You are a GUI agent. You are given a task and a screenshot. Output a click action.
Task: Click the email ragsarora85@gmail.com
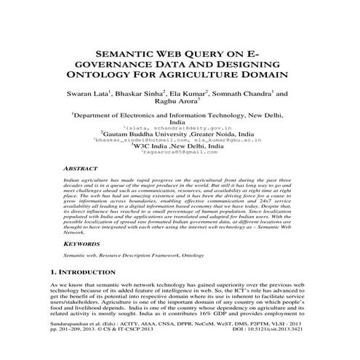[180, 152]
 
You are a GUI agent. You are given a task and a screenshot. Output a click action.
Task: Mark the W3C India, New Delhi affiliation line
[180, 145]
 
